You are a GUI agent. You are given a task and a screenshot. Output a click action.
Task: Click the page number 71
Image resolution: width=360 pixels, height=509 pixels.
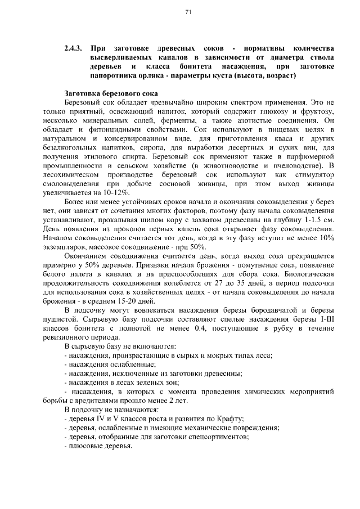point(188,12)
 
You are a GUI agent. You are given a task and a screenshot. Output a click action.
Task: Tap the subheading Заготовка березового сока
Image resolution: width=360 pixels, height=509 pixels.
point(112,93)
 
